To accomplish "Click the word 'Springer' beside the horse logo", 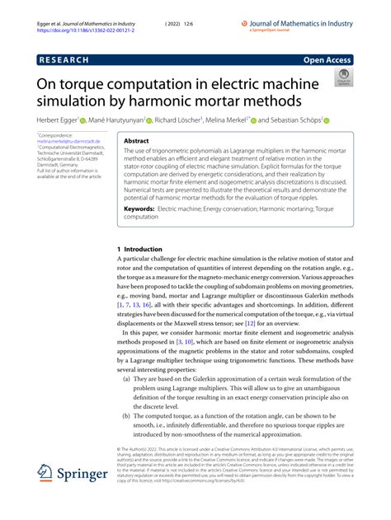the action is (85, 475).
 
